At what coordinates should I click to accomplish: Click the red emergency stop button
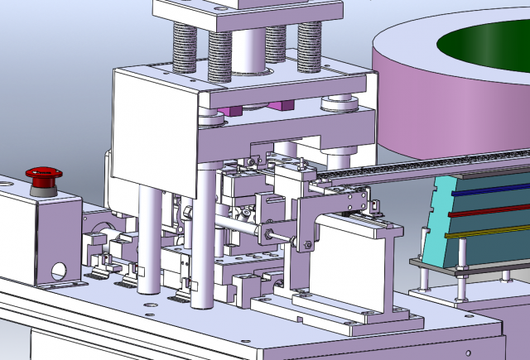pos(43,174)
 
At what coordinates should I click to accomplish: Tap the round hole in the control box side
pos(59,270)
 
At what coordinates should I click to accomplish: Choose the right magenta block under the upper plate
pos(282,105)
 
